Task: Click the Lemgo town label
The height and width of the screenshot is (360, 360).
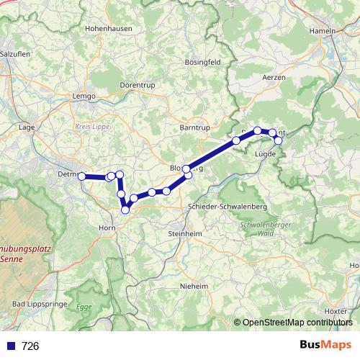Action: [84, 96]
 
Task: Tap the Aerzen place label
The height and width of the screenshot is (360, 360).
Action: [274, 76]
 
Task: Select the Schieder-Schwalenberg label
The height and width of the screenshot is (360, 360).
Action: [227, 207]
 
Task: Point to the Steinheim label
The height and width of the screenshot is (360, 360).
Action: [185, 234]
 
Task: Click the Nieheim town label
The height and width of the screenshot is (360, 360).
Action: [194, 286]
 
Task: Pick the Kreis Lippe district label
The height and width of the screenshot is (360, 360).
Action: [89, 125]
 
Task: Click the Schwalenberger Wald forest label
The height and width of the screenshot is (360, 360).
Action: [256, 229]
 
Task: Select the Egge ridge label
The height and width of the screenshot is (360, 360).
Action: [84, 307]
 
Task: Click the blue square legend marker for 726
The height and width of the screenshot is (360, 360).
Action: [9, 346]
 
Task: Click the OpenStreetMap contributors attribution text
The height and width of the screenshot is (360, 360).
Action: [297, 323]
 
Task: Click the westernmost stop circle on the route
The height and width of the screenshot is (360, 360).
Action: [82, 176]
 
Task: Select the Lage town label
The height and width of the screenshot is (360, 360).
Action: [27, 127]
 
